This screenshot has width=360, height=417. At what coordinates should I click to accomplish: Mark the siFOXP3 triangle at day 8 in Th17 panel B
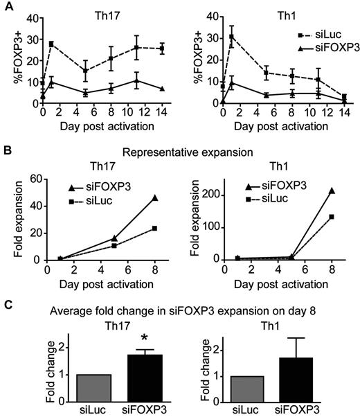point(154,198)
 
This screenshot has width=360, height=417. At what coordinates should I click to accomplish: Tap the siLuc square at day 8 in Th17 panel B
point(154,228)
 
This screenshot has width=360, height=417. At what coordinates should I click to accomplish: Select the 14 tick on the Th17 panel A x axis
point(162,110)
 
